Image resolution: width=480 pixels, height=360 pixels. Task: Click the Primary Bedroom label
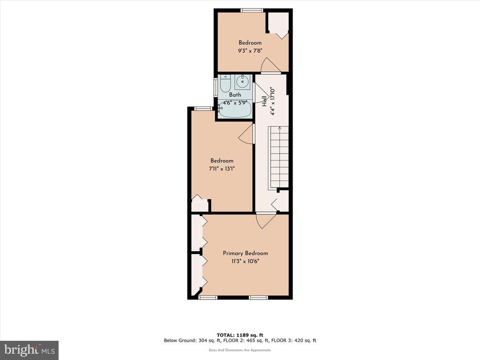[245, 253]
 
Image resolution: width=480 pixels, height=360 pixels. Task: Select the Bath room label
[235, 95]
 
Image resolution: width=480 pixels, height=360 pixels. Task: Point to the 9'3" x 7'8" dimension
[250, 51]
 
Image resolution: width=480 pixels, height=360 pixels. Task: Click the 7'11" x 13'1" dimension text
[222, 169]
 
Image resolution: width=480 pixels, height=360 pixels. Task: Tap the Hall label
[264, 101]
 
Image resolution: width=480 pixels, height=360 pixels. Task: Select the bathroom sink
[242, 82]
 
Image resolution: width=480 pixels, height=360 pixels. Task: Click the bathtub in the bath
[235, 109]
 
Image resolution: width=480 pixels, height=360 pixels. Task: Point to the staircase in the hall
[278, 157]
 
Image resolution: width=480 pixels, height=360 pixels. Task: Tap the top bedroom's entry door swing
[270, 65]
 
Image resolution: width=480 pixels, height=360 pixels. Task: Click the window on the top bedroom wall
[252, 10]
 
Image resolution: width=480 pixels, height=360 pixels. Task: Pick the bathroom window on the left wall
[216, 88]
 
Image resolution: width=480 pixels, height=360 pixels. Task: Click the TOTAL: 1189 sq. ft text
[240, 335]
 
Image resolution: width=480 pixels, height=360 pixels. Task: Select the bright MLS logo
[29, 350]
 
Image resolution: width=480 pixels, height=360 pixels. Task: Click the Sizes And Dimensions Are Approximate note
[240, 350]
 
